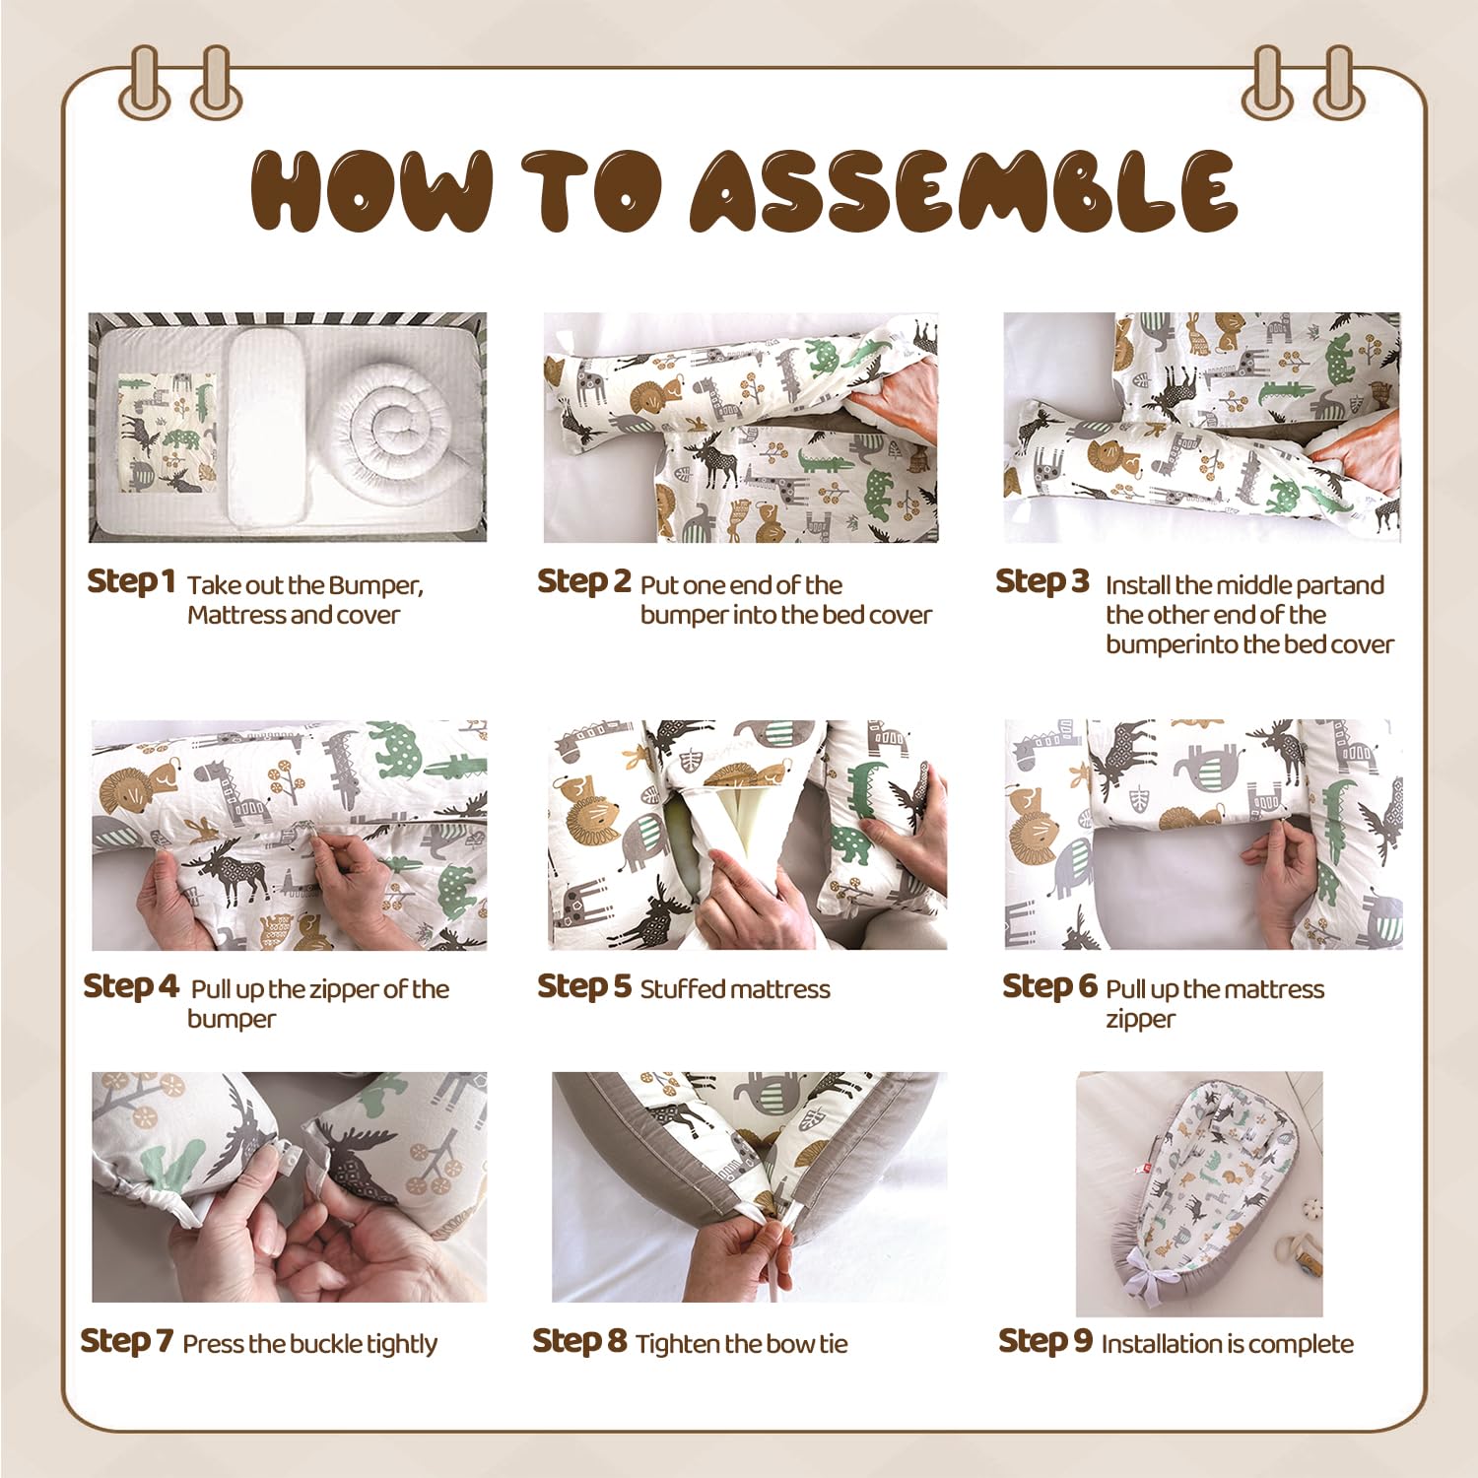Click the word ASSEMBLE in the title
(x=964, y=191)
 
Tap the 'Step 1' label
(x=131, y=581)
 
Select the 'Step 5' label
(x=583, y=986)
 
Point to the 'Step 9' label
(x=1045, y=1341)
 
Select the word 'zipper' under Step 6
(x=1140, y=1020)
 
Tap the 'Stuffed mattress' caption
(x=735, y=989)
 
